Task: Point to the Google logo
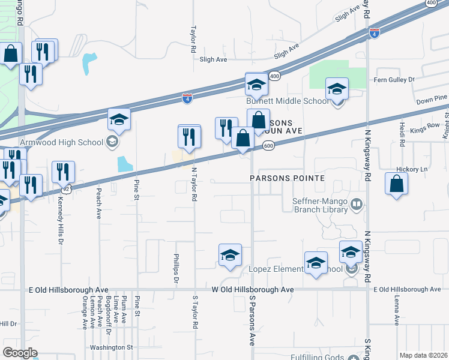coord(20,353)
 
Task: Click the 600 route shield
coord(268,146)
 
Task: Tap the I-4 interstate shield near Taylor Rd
coord(187,97)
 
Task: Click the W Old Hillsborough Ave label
coord(252,290)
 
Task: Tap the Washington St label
coord(111,347)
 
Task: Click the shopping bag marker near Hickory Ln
coord(397,184)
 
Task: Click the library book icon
coord(357,205)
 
